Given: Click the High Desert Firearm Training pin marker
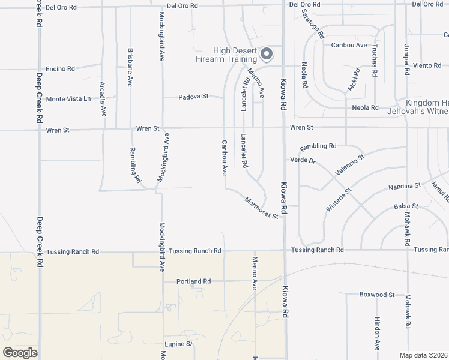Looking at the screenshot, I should (267, 55).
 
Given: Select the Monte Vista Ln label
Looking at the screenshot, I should (68, 99).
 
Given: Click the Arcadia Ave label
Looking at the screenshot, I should (103, 98).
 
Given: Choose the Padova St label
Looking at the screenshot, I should (193, 96).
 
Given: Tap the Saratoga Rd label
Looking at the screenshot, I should (313, 24).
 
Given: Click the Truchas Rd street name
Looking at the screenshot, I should (375, 61).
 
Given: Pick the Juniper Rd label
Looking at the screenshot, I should (406, 59).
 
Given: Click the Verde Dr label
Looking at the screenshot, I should (303, 160).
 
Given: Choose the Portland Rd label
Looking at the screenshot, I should (193, 281).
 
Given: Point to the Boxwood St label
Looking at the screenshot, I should (376, 295).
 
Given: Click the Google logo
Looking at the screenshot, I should (20, 352).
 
